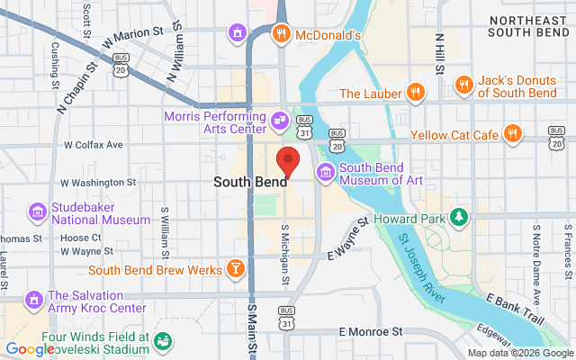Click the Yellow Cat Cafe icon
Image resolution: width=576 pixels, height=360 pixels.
click(x=513, y=134)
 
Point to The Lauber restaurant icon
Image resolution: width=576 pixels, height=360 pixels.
click(x=414, y=91)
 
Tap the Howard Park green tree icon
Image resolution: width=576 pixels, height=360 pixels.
click(x=459, y=217)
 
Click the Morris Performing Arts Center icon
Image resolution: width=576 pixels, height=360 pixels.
click(x=280, y=118)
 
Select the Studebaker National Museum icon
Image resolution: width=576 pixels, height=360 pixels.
click(x=37, y=212)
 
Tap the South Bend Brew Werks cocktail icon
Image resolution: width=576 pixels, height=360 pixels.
click(x=234, y=267)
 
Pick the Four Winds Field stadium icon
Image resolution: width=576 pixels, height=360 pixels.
click(x=163, y=340)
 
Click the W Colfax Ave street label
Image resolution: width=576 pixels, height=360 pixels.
click(x=93, y=144)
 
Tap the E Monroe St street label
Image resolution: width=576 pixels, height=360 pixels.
click(x=371, y=332)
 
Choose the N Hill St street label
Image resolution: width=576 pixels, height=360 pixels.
click(x=440, y=49)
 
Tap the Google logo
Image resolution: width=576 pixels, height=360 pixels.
click(x=30, y=349)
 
